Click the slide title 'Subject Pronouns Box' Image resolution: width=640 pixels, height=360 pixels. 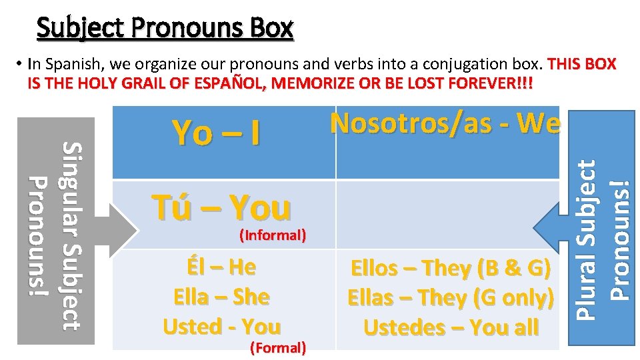pos(165,28)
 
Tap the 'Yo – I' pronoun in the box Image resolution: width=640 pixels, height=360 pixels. pos(217,133)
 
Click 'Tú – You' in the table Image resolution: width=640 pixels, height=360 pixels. pos(221,207)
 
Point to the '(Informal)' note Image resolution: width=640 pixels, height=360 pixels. pos(272,235)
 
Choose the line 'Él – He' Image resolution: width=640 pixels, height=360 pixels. pos(222,267)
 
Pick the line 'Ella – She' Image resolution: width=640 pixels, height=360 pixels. pos(221,297)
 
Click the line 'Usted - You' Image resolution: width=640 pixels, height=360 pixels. pos(222,327)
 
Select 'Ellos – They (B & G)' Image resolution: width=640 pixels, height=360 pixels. pos(451,269)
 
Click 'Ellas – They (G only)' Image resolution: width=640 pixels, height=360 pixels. pos(451,298)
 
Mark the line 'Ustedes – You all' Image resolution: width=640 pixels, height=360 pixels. pos(451,327)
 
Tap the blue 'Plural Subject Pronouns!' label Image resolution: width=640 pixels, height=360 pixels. pos(603,227)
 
